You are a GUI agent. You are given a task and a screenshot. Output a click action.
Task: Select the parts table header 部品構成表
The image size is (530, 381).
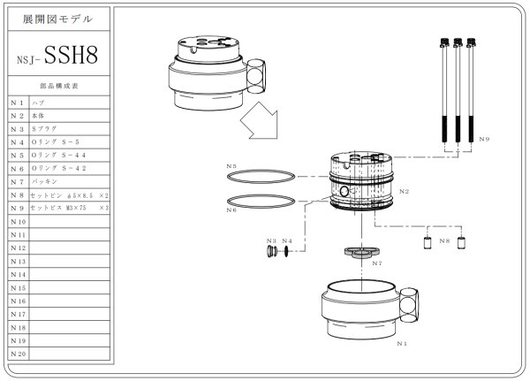point(59,87)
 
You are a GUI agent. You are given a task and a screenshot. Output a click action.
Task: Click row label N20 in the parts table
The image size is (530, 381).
point(17,354)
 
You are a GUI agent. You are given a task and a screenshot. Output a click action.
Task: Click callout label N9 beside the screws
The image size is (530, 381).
point(485,139)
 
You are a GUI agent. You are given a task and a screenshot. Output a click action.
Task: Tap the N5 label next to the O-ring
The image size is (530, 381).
point(231,166)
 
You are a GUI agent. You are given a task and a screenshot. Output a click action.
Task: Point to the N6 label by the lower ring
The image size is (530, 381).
point(231,210)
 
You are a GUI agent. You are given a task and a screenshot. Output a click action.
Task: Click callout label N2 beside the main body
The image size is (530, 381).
point(404,191)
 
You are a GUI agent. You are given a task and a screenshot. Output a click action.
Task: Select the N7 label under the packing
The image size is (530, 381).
point(376,263)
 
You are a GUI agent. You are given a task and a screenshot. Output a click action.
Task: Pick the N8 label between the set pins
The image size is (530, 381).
point(443,241)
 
